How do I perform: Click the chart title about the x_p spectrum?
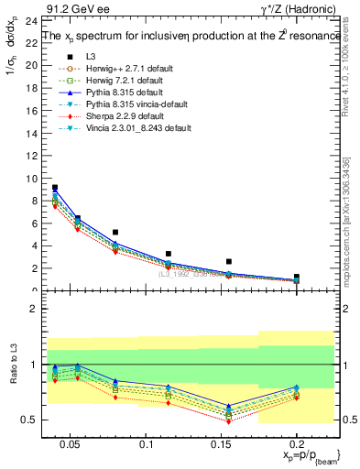(x=186, y=37)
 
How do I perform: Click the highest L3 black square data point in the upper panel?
(x=55, y=188)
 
